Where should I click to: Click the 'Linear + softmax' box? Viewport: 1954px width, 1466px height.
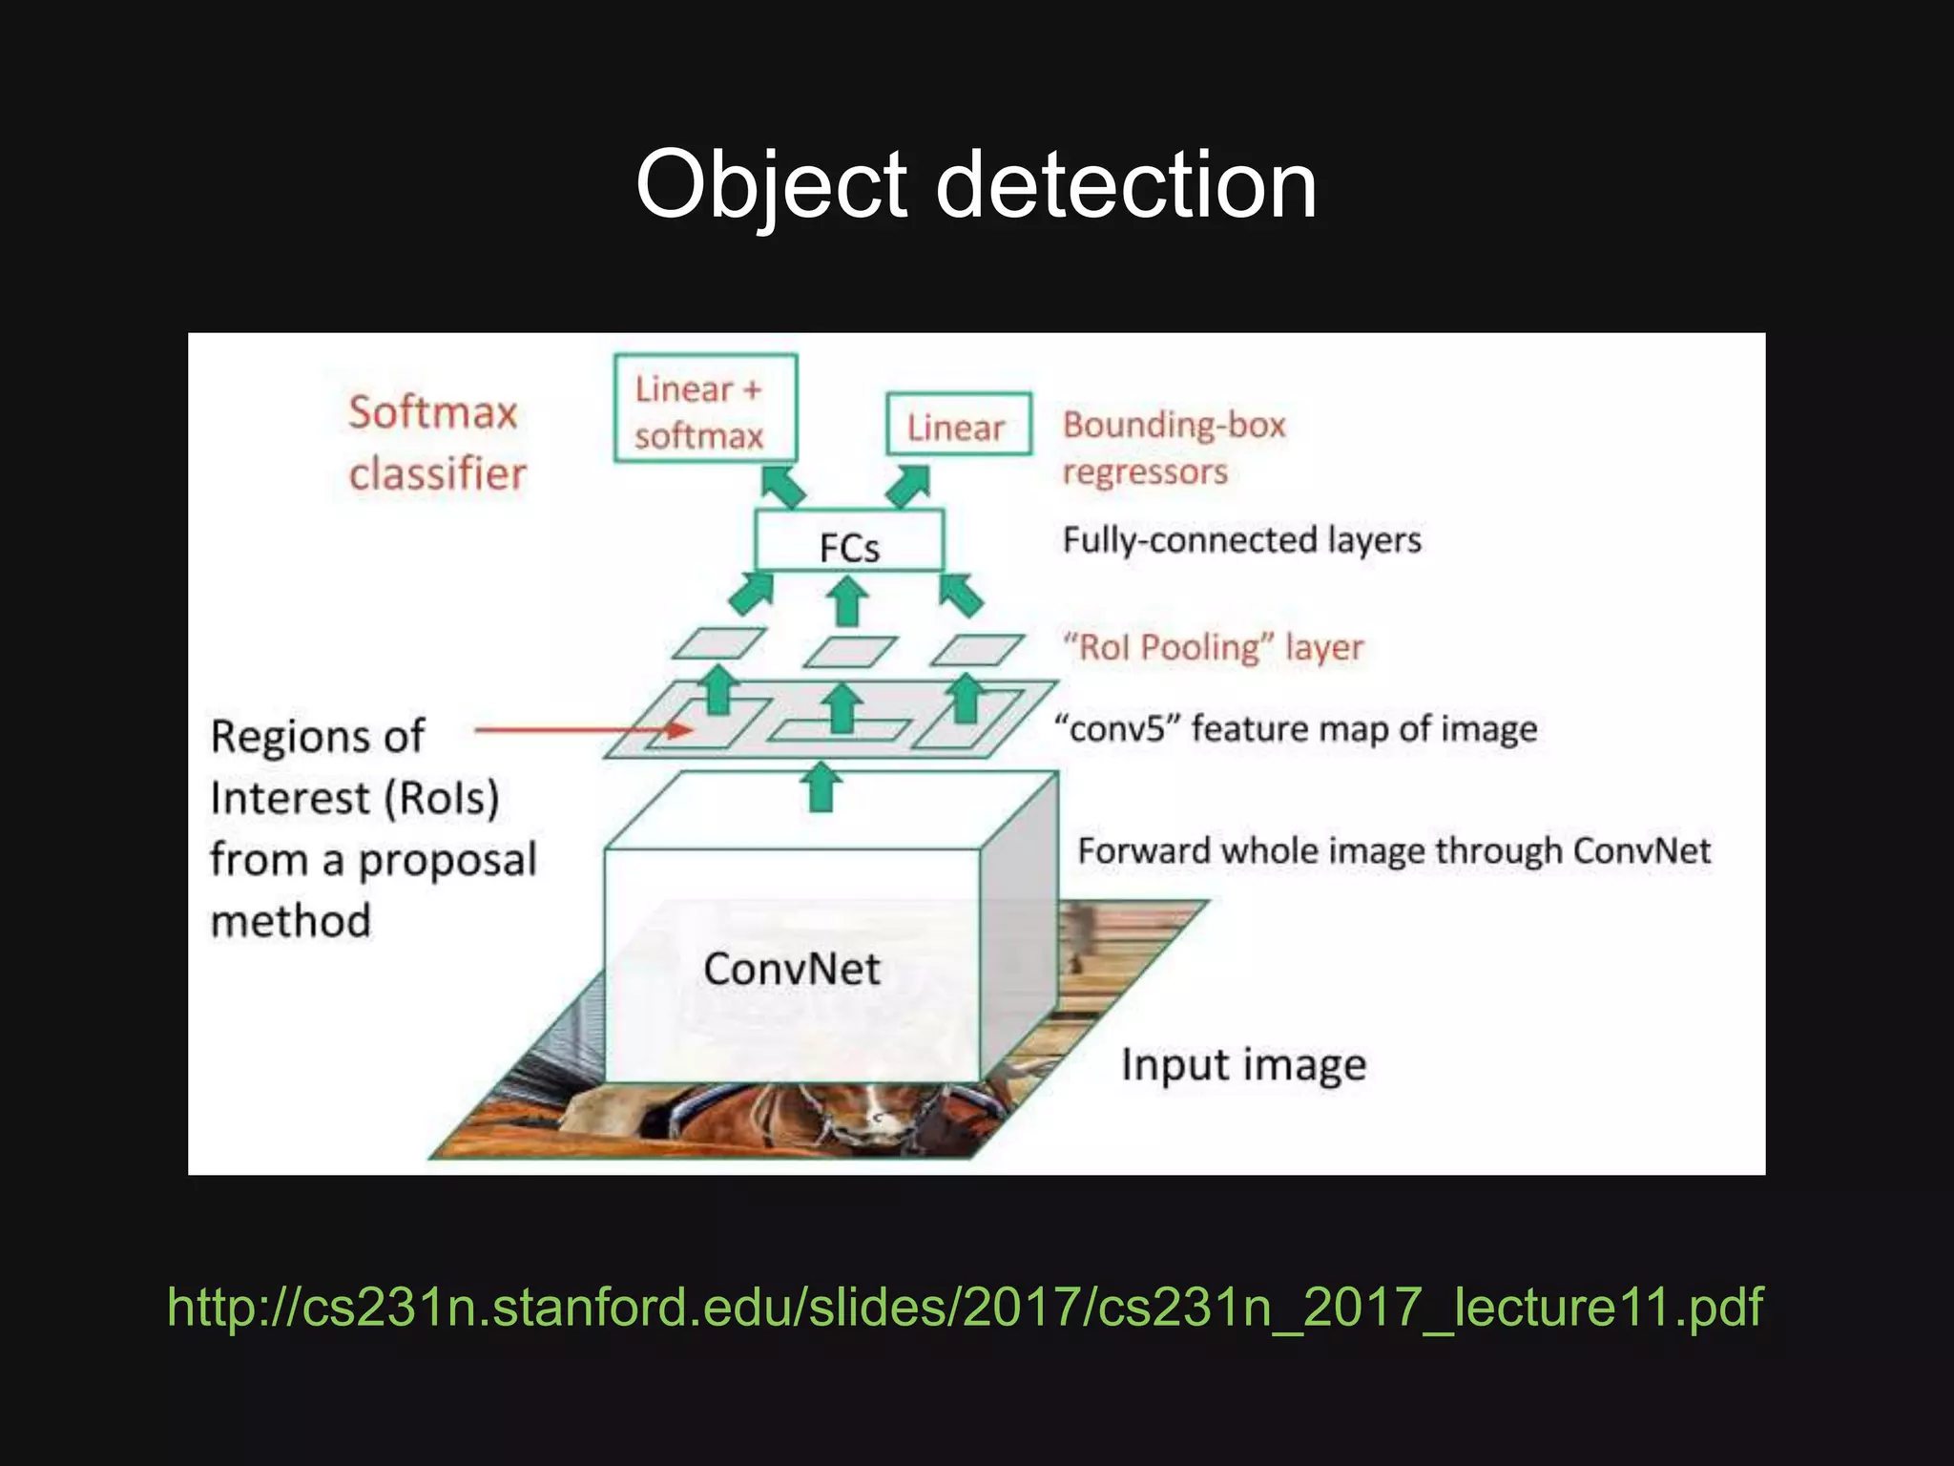[x=705, y=408]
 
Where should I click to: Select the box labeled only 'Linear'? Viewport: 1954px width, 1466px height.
[x=958, y=425]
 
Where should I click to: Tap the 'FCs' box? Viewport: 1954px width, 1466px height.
[x=849, y=542]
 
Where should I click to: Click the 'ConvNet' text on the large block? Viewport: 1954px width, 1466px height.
[x=791, y=969]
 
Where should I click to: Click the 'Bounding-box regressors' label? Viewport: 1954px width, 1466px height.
[x=1174, y=448]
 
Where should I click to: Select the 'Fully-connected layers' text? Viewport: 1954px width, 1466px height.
[x=1241, y=540]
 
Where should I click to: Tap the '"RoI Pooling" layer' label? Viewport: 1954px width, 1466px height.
[x=1213, y=647]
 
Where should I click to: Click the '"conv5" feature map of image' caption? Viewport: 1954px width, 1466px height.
[x=1296, y=728]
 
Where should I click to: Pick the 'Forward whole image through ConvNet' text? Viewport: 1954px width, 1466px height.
[x=1393, y=850]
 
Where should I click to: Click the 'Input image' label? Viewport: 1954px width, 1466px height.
[x=1243, y=1065]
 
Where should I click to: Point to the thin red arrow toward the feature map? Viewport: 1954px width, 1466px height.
[x=582, y=731]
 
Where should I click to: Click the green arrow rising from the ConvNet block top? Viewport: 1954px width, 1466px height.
[x=821, y=787]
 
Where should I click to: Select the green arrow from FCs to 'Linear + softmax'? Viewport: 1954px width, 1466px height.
[x=783, y=486]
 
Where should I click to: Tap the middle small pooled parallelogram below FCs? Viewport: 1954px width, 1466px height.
[x=849, y=652]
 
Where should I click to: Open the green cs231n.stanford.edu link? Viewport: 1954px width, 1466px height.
[x=965, y=1307]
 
